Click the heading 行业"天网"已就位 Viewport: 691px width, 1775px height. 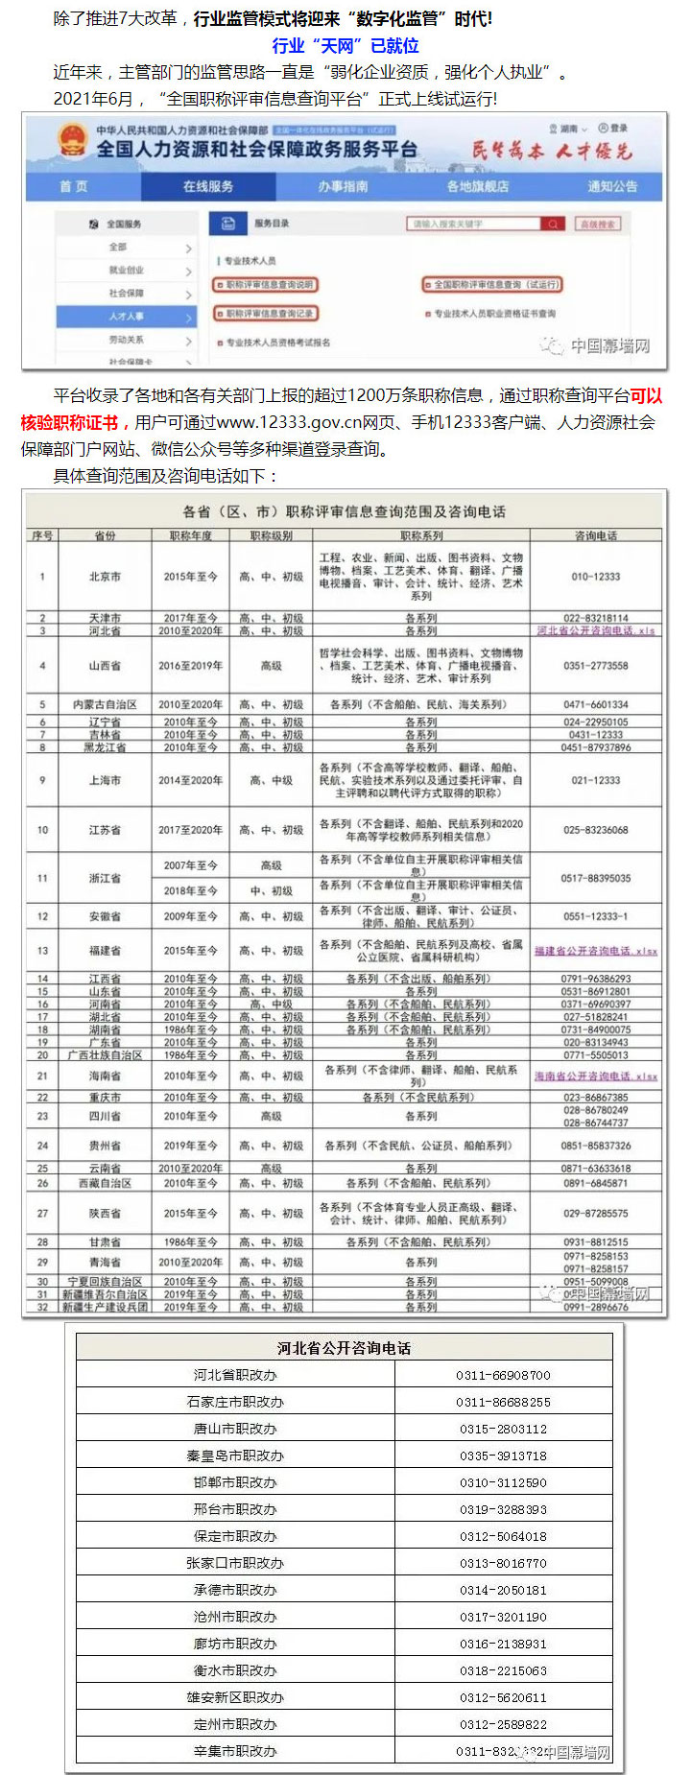(x=345, y=45)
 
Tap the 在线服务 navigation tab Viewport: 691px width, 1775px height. (x=208, y=186)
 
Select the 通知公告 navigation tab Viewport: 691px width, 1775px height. (x=612, y=186)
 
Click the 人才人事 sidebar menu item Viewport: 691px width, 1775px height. (x=126, y=316)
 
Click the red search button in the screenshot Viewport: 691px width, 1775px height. (x=553, y=224)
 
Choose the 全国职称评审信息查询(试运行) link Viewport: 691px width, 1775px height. (x=491, y=284)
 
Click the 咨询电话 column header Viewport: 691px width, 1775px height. (x=596, y=535)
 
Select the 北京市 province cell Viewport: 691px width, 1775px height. (x=105, y=577)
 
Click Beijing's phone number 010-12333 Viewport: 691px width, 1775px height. (x=596, y=577)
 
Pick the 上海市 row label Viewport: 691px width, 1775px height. (x=105, y=780)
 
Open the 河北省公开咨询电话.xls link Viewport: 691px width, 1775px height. (x=596, y=630)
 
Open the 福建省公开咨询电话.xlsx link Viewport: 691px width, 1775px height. (x=596, y=951)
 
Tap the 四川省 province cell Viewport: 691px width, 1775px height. (x=105, y=1116)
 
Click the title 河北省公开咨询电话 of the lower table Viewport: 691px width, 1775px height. (x=344, y=1348)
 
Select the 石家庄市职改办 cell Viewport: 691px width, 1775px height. (x=235, y=1402)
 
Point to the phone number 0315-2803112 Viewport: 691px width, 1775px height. (x=503, y=1429)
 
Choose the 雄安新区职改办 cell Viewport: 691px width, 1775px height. (x=235, y=1697)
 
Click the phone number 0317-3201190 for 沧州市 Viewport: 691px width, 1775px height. (x=503, y=1617)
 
